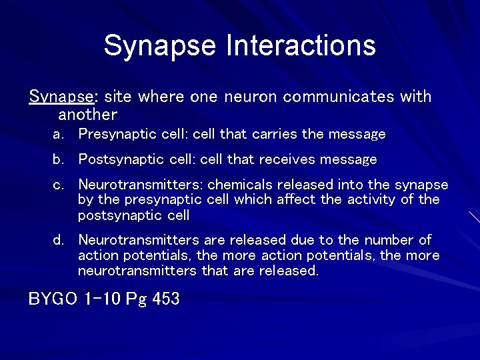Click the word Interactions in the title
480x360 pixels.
301,45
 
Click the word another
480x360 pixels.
87,114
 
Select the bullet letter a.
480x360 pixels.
58,135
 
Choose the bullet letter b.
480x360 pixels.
58,160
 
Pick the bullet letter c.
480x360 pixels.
58,185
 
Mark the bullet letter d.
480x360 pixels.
58,240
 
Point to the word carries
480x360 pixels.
273,134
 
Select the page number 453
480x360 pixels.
166,299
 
